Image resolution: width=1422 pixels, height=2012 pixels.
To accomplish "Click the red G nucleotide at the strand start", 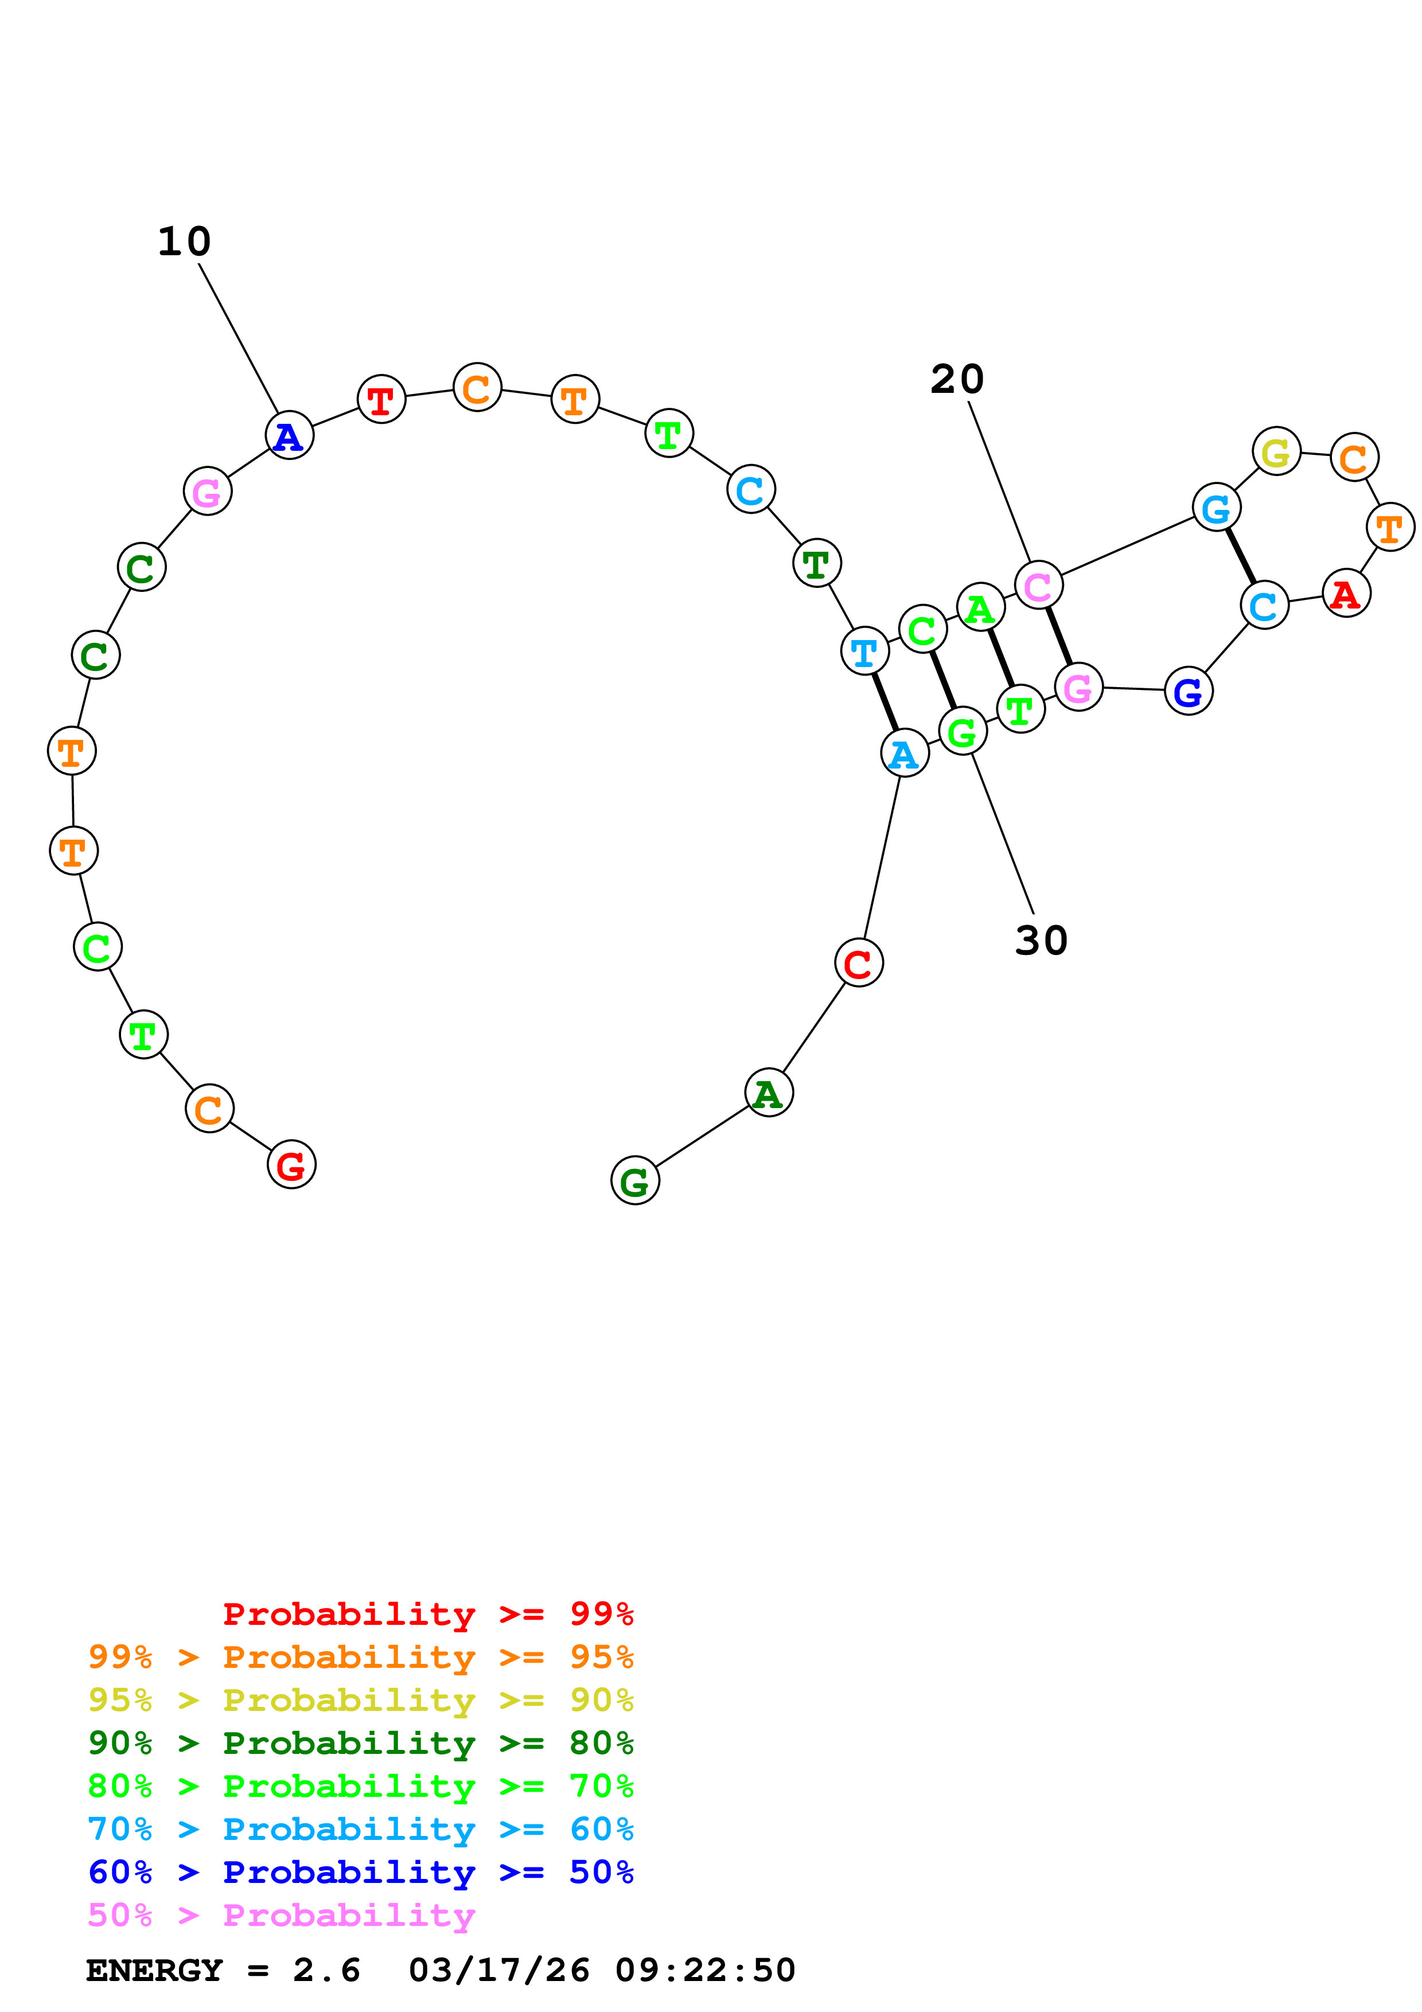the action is click(x=291, y=1165).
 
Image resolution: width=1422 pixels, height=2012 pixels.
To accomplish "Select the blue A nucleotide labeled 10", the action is click(x=289, y=435).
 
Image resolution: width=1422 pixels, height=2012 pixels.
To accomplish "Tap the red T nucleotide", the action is click(x=381, y=400).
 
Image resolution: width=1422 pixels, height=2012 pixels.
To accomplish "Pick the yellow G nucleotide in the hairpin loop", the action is click(x=1276, y=451).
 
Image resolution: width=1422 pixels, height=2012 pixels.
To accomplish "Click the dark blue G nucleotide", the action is click(x=1188, y=691).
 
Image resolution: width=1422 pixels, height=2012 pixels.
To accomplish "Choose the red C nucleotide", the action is click(x=859, y=963).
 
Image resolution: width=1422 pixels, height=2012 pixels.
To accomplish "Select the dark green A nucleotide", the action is click(x=769, y=1093).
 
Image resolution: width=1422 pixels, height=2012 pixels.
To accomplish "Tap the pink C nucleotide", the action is click(x=1038, y=586).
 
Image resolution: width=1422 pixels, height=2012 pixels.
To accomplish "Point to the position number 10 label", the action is click(x=184, y=242).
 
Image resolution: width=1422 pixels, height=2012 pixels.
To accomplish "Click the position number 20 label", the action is click(x=957, y=380).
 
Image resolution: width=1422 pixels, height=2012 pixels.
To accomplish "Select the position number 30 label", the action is click(x=1041, y=940).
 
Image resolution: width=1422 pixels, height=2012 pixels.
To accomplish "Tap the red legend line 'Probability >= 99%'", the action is click(x=427, y=1613).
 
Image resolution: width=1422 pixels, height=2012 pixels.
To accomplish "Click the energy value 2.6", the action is click(x=326, y=1970).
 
